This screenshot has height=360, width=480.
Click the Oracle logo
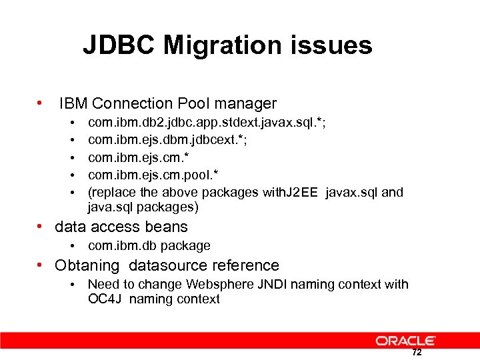(405, 341)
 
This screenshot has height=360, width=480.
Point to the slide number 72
(417, 353)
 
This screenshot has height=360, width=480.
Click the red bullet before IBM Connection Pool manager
(41, 103)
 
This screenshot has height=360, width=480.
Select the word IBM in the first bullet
(73, 103)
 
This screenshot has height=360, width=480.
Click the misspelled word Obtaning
(87, 265)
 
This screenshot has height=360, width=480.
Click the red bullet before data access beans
(41, 227)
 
